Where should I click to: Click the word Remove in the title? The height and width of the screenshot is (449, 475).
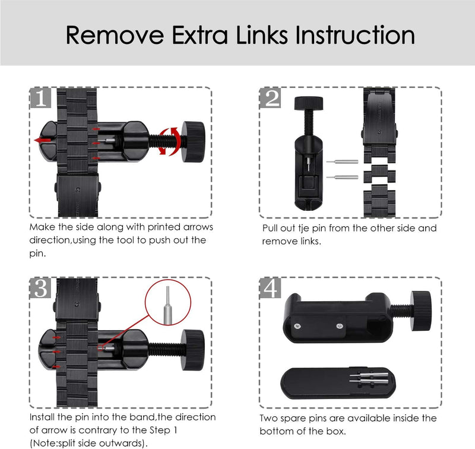tap(115, 36)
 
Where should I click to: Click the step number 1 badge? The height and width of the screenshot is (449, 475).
tap(40, 98)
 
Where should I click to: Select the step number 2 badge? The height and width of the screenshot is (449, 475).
tap(271, 98)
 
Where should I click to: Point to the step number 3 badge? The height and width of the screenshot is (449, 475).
tap(40, 287)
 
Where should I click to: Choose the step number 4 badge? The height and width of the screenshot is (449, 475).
tap(271, 287)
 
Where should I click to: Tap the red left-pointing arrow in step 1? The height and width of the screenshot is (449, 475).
tap(43, 140)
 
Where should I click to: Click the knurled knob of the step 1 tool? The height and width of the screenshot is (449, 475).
tap(193, 141)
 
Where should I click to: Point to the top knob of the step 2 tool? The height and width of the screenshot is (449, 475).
tap(308, 103)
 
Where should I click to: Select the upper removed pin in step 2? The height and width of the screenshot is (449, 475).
tap(342, 162)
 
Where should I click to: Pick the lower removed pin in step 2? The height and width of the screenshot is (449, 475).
tap(342, 177)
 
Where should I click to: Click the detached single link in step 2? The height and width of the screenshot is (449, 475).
tap(380, 173)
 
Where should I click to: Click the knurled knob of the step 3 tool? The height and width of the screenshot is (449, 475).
tap(193, 350)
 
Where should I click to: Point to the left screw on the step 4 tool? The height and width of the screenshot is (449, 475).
tap(297, 326)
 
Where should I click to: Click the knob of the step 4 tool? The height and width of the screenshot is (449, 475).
tap(421, 311)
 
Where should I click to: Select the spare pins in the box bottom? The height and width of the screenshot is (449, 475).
tap(369, 378)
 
